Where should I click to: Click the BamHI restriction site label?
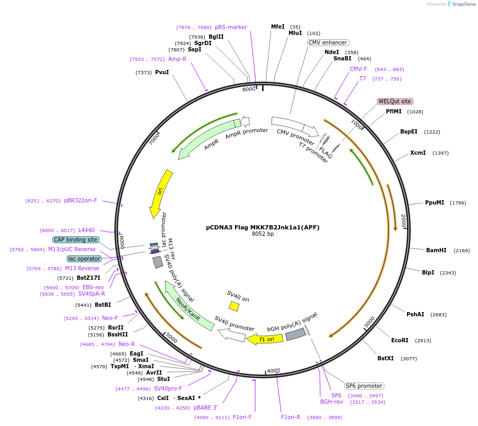[x=436, y=250]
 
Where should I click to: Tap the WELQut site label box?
[x=394, y=101]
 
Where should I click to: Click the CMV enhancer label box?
[x=328, y=42]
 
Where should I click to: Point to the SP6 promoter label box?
[x=364, y=386]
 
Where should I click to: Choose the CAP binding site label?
[x=76, y=239]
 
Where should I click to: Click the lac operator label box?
[x=84, y=259]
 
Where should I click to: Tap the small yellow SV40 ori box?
[x=233, y=306]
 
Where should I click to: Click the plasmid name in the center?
[x=263, y=227]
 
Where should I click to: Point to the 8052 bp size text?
[x=263, y=234]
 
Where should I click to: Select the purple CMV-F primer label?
[x=358, y=69]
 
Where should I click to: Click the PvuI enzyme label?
[x=162, y=72]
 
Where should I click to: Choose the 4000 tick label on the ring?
[x=273, y=370]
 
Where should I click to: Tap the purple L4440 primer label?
[x=86, y=230]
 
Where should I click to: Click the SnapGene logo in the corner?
[x=459, y=4]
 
